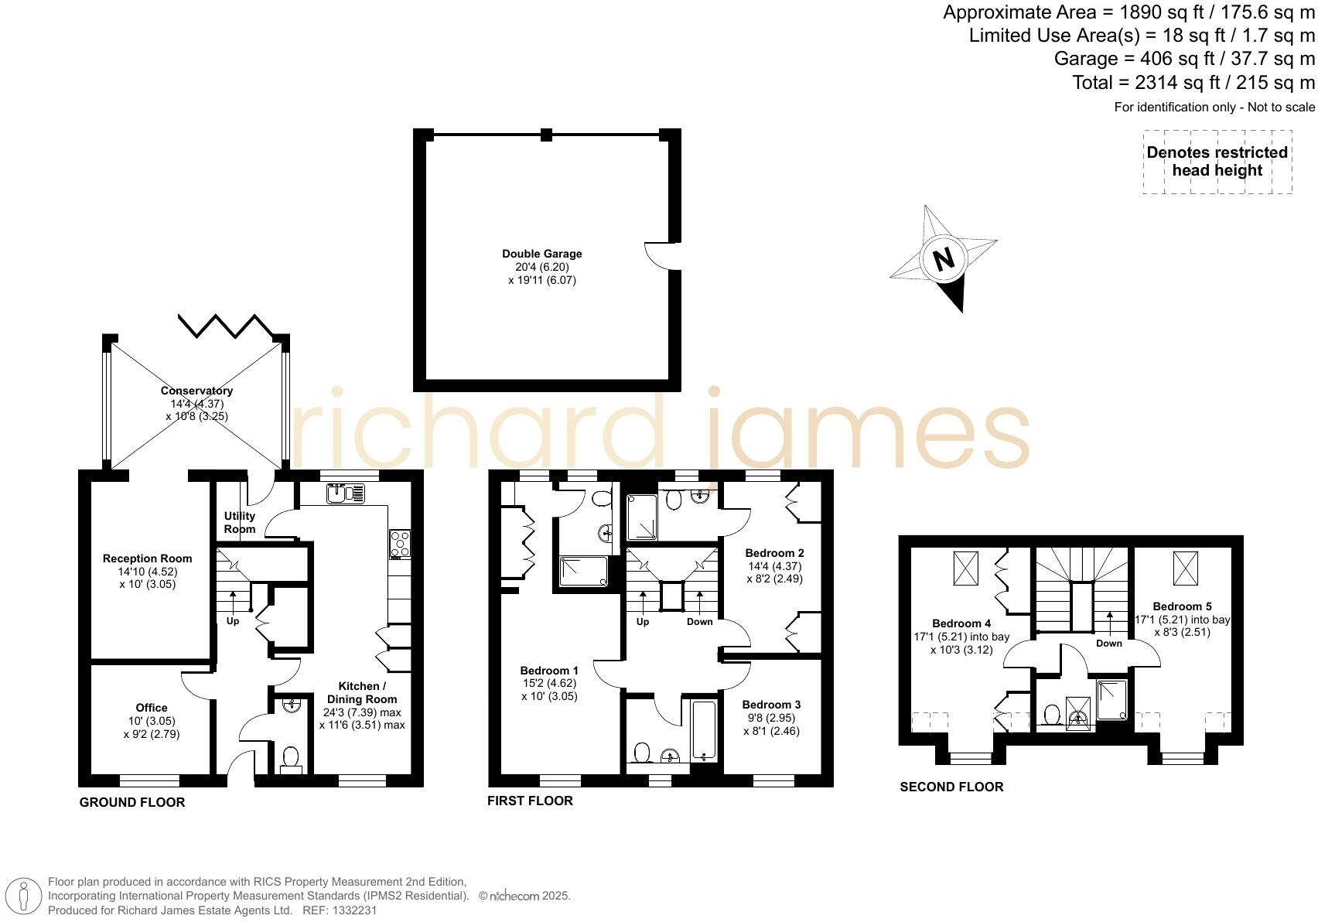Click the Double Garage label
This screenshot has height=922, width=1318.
541,254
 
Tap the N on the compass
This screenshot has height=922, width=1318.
943,259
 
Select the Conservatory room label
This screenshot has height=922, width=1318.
196,391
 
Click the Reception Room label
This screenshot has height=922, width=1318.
147,558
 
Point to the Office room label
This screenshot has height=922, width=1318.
152,708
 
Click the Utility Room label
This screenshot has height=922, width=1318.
240,522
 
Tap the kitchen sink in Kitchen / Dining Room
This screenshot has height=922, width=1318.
345,493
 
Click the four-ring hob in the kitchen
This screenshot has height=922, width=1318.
400,543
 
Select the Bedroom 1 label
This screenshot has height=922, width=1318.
549,671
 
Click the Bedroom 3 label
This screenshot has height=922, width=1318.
771,705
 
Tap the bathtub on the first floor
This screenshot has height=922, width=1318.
703,729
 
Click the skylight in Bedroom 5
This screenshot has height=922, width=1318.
1184,569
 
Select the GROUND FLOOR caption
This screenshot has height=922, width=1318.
132,802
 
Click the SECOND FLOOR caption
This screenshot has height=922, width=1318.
951,787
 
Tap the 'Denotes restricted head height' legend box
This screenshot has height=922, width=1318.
1217,162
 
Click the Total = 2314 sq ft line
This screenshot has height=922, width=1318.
1193,82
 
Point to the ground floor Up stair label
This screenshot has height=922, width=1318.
233,621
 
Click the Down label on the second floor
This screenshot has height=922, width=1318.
1109,644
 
